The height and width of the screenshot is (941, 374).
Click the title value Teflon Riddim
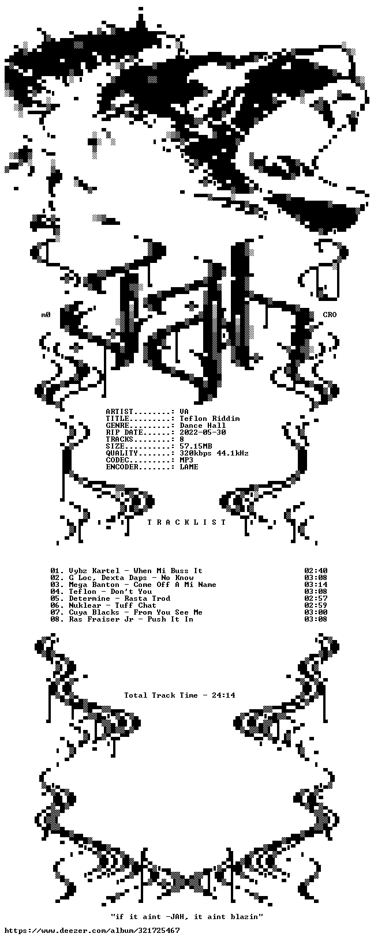(210, 419)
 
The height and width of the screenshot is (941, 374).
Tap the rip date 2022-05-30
(203, 432)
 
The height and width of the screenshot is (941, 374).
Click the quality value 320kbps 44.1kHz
(214, 453)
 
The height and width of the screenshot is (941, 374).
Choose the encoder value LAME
(189, 466)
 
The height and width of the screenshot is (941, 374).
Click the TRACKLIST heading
(187, 522)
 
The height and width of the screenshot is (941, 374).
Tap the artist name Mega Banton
(88, 584)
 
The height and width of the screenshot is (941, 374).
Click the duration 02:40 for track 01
(316, 570)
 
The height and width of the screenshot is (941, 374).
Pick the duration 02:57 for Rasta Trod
(316, 598)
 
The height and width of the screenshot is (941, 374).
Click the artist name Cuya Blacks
(94, 612)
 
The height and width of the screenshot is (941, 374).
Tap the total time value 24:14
(223, 695)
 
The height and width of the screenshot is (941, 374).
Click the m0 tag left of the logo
(46, 315)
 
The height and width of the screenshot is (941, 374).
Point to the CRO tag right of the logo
(330, 315)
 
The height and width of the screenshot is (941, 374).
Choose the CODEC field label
(117, 460)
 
